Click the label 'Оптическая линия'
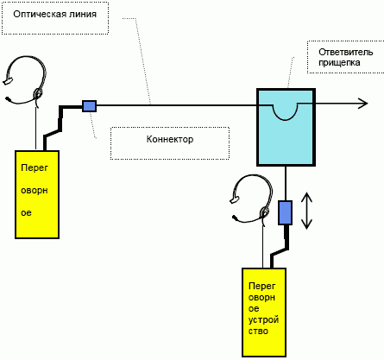click(x=55, y=14)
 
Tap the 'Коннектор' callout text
click(x=170, y=139)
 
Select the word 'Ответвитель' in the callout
click(x=346, y=52)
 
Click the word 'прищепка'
click(x=339, y=62)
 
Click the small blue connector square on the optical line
click(x=90, y=106)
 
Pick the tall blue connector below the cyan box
click(x=285, y=212)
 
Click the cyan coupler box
click(x=286, y=127)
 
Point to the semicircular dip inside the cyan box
click(x=285, y=112)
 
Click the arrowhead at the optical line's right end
click(x=364, y=103)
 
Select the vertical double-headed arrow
click(x=306, y=211)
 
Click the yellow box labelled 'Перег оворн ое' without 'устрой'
click(x=37, y=194)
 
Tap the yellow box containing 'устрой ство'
click(x=264, y=313)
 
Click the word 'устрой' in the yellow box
click(x=263, y=319)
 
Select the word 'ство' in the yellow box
click(x=258, y=331)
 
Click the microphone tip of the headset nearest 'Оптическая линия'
click(x=8, y=99)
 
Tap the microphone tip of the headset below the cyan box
click(x=235, y=218)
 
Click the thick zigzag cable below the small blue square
click(x=60, y=127)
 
